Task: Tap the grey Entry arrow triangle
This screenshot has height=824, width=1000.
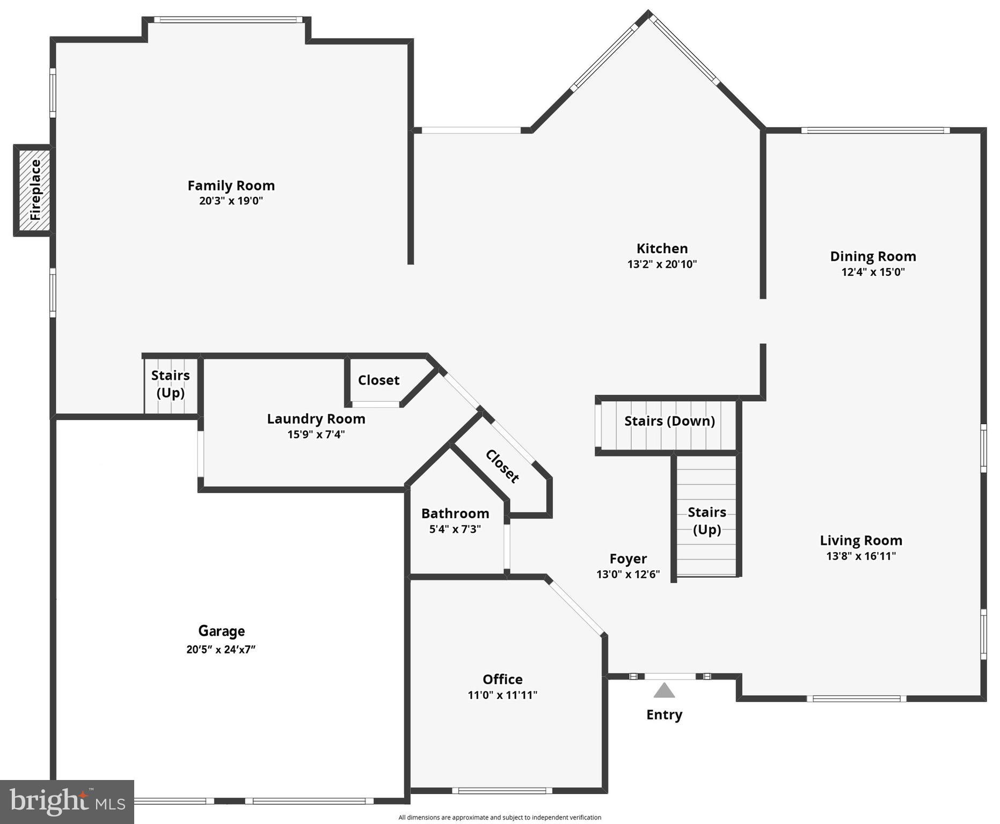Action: [664, 690]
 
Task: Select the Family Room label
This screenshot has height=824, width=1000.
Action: [231, 186]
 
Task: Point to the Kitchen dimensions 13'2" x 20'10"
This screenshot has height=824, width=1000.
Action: [662, 264]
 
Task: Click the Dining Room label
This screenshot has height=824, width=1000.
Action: [873, 256]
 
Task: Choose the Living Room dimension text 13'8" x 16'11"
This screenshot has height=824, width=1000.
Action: [860, 556]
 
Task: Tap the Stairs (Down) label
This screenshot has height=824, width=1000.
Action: [669, 421]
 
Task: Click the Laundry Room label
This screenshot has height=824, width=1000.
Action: [316, 419]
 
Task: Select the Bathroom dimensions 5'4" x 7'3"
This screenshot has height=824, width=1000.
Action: [455, 529]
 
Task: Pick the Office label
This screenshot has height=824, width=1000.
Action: [502, 679]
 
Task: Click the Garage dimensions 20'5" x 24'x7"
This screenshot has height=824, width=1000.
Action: [221, 649]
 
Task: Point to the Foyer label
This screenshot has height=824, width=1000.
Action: [628, 559]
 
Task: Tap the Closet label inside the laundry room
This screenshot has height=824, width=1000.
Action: [378, 380]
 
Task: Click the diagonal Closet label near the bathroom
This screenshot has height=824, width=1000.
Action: [502, 466]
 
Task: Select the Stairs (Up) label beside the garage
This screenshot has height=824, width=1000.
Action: [170, 384]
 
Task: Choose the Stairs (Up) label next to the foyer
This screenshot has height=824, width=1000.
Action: [707, 521]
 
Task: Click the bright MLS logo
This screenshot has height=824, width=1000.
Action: [67, 801]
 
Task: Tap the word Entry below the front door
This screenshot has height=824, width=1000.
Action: [664, 715]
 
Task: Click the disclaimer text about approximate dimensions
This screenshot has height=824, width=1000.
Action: [499, 818]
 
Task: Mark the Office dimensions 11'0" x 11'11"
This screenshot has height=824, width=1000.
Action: [502, 695]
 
